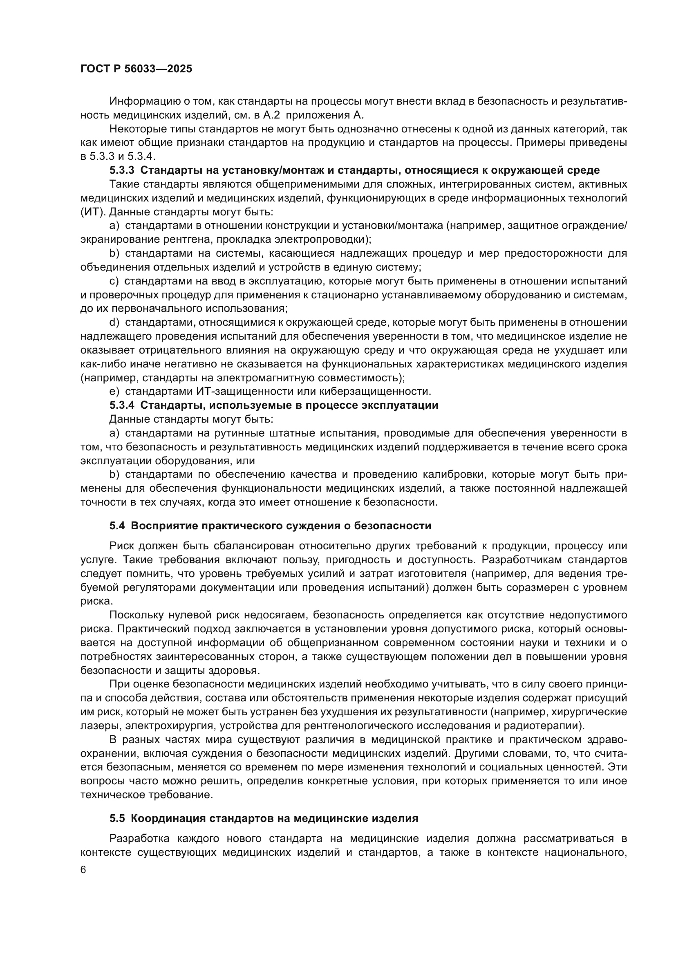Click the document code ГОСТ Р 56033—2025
coord(136,69)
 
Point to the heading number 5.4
coord(117,526)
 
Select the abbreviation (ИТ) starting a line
coord(93,212)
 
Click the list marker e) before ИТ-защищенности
coord(114,392)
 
